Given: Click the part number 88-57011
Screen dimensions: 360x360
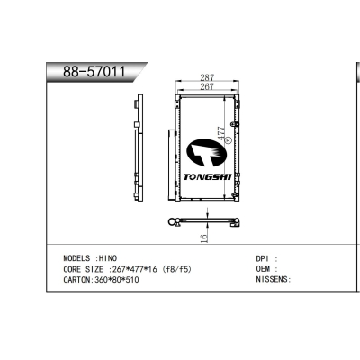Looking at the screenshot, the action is (x=94, y=72).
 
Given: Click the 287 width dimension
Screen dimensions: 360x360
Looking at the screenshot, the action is (x=207, y=77).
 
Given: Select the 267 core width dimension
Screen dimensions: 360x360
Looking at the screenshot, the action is (x=207, y=86).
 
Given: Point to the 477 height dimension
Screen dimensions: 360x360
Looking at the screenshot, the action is (x=221, y=133).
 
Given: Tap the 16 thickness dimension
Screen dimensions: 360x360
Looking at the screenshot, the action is (x=203, y=238).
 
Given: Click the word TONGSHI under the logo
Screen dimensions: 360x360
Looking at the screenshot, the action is (x=207, y=177).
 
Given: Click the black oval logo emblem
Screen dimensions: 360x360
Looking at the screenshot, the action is (x=206, y=152).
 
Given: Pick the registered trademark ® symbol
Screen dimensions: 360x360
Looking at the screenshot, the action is (x=229, y=139).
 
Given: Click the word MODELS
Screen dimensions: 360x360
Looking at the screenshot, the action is (x=76, y=258).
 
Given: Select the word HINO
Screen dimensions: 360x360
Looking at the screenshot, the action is (x=108, y=258).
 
